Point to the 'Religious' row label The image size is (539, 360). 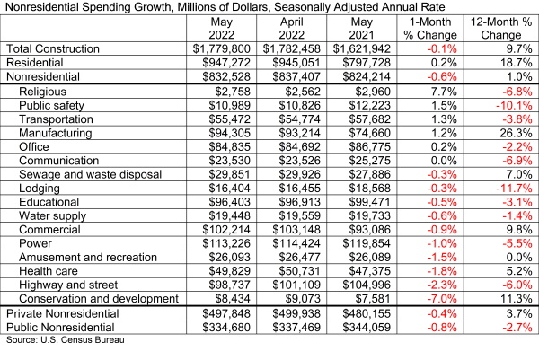click(x=46, y=92)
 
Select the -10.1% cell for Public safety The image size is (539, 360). click(x=508, y=107)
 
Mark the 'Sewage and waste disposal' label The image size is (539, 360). click(x=90, y=179)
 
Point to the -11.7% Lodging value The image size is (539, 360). click(x=508, y=193)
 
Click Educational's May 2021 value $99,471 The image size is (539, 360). click(x=359, y=207)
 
